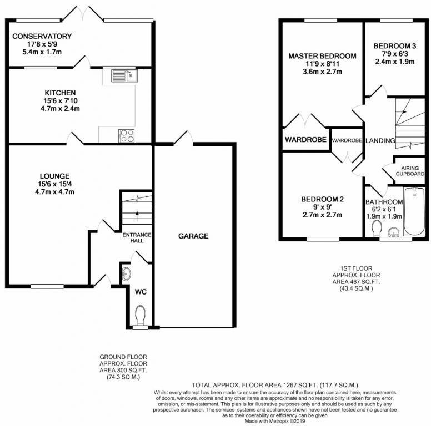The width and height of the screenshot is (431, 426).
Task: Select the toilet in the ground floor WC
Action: click(x=139, y=315)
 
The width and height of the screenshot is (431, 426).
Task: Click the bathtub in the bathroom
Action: click(x=414, y=212)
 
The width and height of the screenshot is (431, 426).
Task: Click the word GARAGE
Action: click(x=193, y=236)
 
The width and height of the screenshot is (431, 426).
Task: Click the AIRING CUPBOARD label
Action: click(x=410, y=170)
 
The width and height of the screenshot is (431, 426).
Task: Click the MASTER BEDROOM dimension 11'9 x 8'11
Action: click(x=322, y=64)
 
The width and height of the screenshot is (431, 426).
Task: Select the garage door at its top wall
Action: click(x=184, y=139)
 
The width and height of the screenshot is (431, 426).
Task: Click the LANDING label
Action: click(x=380, y=141)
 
